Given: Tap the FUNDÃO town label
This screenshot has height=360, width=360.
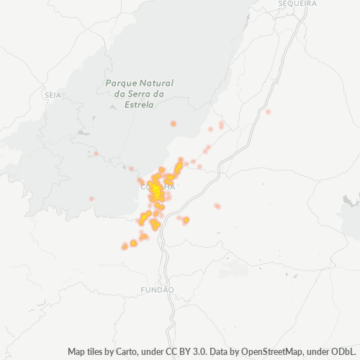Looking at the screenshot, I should (x=158, y=289).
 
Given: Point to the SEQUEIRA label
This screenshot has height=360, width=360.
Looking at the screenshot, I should (x=297, y=4).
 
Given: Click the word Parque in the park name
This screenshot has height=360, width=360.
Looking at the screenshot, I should (x=120, y=83).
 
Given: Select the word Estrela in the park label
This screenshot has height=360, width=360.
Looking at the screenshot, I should (x=139, y=104).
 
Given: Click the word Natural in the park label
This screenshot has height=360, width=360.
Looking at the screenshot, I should (x=157, y=83).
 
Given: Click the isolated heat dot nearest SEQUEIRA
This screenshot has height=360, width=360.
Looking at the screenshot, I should (x=268, y=112).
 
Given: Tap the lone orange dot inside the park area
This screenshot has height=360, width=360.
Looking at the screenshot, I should (x=174, y=124).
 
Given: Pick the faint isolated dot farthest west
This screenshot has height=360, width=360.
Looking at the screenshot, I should (x=91, y=199).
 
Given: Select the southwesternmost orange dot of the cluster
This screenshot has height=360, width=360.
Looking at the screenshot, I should (x=125, y=247).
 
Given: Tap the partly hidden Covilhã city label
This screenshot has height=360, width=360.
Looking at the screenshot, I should (x=159, y=186).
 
